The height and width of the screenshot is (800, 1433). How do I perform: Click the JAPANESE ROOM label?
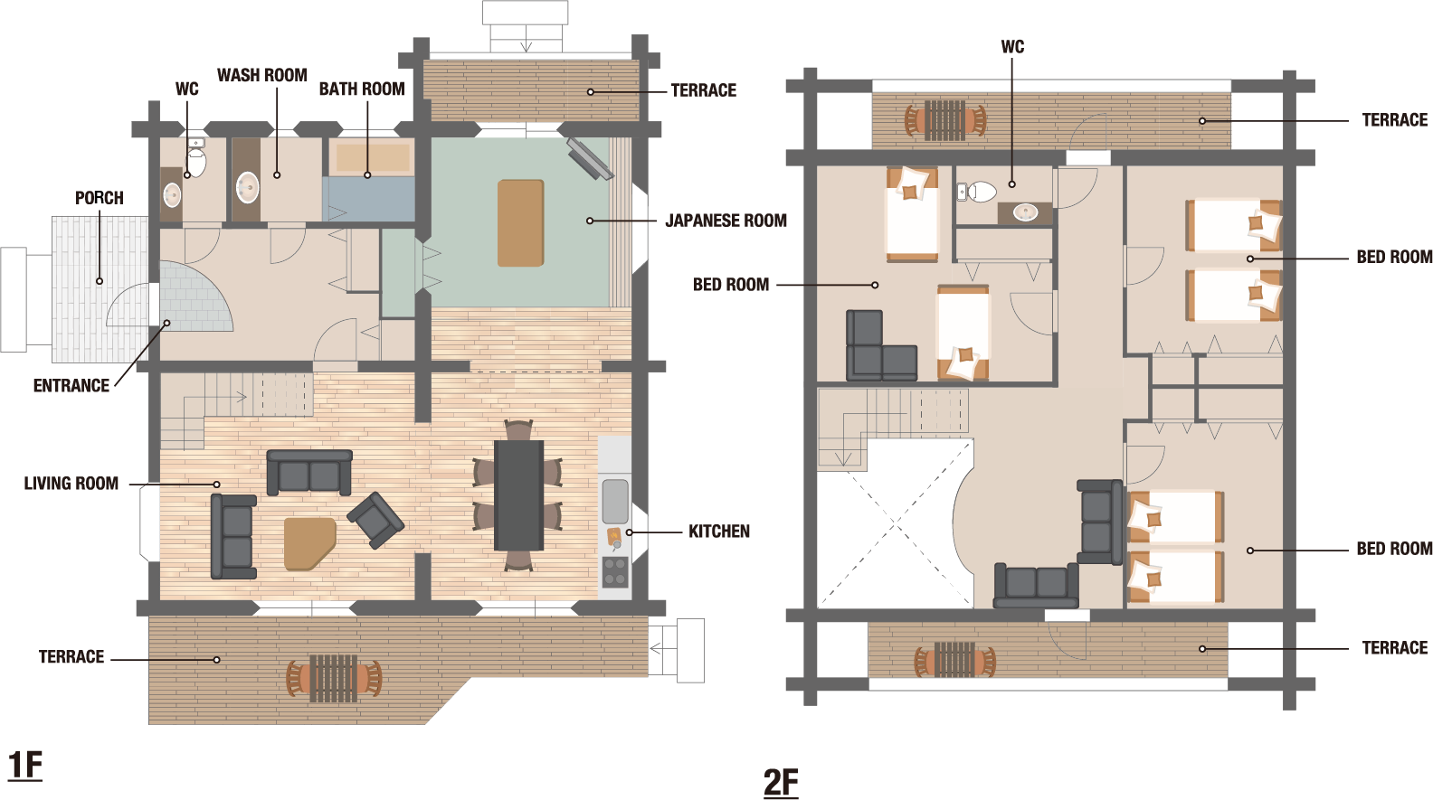point(726,221)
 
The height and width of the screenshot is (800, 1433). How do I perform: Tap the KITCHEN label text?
point(719,532)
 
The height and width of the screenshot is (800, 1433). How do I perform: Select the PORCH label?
point(100,198)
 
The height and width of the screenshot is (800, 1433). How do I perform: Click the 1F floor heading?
point(25,765)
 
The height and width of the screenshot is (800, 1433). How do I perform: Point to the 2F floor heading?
point(781,783)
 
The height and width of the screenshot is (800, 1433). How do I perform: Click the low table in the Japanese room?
point(521,223)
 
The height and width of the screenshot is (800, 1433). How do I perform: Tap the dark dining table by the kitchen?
point(518,495)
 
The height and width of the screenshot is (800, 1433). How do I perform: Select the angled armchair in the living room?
point(375,520)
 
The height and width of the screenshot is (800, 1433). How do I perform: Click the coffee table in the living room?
point(309,543)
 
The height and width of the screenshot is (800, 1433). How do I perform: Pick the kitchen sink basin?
point(615,502)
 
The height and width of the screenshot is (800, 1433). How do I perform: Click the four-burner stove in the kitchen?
point(615,572)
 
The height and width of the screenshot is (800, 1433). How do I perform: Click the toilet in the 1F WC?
point(195,159)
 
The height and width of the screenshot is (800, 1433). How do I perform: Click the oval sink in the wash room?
point(248,187)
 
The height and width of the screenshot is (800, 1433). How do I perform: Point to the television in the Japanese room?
point(590,158)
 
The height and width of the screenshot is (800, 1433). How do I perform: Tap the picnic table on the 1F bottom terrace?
point(333,678)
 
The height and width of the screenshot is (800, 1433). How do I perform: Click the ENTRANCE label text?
point(71,386)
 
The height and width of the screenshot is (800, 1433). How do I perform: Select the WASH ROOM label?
point(262,75)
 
